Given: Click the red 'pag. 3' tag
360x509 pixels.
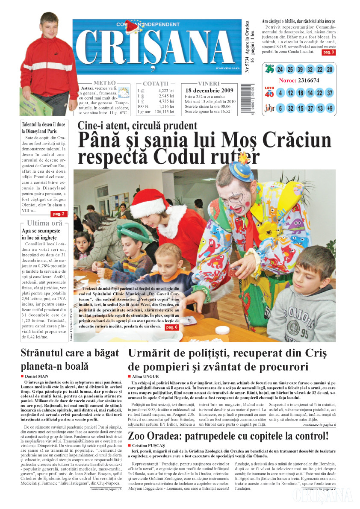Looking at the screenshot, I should (x=328, y=52).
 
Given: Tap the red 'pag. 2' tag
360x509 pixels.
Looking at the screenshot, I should (x=58, y=214).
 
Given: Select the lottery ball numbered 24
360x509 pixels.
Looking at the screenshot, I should (x=280, y=69).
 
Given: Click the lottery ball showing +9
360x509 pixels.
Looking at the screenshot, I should (x=329, y=108).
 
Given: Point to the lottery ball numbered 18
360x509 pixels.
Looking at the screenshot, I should (x=300, y=93).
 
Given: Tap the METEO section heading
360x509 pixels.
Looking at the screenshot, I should (x=104, y=82).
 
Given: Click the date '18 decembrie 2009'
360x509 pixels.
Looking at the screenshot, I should (x=209, y=91).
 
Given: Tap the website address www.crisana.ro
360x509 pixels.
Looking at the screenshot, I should (x=227, y=68).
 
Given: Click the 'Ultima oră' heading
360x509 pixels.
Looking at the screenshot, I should (x=44, y=223).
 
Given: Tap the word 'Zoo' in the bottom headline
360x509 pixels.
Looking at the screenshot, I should (x=141, y=436).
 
